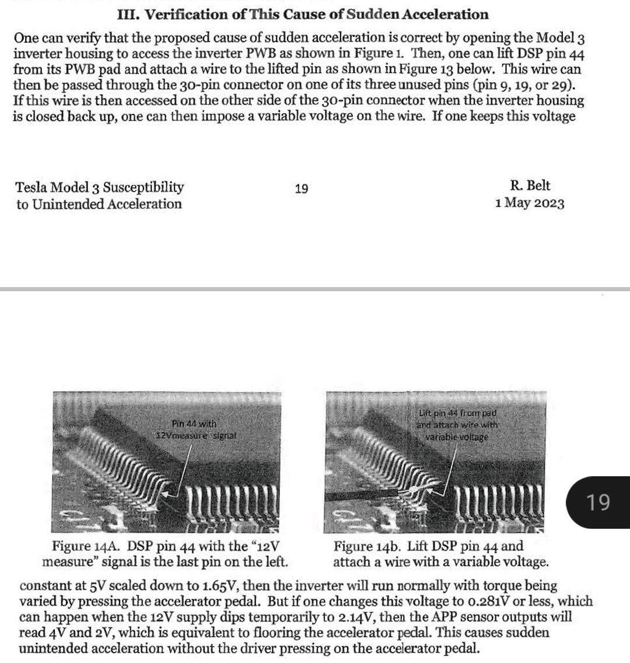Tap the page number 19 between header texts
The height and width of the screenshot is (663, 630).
(302, 189)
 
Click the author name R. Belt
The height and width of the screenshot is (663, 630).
(530, 186)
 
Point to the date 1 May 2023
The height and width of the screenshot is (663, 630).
(529, 204)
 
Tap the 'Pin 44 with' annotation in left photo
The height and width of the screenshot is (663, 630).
(194, 424)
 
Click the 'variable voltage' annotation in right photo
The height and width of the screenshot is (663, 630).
(456, 437)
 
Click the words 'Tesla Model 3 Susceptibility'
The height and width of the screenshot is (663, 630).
(100, 187)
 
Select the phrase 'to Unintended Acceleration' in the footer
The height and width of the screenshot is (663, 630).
(99, 204)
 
